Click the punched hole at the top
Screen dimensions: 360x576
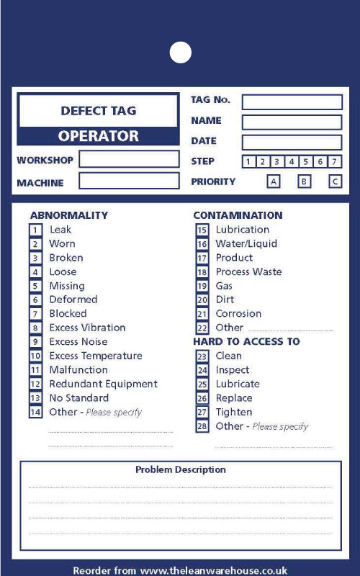(x=180, y=52)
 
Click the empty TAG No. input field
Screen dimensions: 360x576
(x=292, y=102)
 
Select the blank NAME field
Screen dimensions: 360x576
(x=292, y=122)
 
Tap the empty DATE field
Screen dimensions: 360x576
(x=292, y=142)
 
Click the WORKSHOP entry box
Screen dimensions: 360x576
(x=129, y=159)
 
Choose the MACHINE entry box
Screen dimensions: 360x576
(x=129, y=181)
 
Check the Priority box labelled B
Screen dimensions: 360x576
(x=304, y=181)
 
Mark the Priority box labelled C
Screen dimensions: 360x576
(x=335, y=181)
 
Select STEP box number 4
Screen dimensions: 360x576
(x=292, y=162)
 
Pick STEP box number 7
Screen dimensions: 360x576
(x=335, y=162)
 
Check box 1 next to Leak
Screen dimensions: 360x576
(x=35, y=230)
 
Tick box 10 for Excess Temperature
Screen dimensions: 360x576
(x=35, y=356)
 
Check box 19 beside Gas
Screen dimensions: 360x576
(x=202, y=286)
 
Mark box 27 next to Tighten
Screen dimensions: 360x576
(x=202, y=412)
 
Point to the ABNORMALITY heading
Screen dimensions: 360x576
(x=69, y=215)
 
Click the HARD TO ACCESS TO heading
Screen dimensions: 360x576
(x=246, y=341)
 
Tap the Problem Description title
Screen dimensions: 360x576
(x=180, y=470)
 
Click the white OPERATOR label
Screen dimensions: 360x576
(x=98, y=136)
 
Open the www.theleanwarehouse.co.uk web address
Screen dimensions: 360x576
(x=214, y=570)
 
